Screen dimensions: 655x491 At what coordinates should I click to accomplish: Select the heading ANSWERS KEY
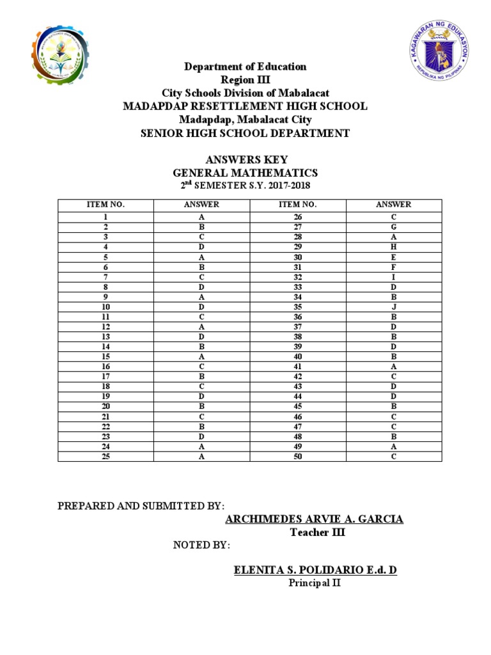245,160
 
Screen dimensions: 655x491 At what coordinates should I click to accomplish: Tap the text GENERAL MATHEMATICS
245,173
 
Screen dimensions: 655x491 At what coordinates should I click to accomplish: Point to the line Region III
245,79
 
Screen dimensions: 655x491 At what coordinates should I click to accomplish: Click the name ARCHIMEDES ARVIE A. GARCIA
315,519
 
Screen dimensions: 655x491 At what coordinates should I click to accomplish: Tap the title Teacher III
317,532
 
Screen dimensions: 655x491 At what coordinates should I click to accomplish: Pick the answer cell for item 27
394,226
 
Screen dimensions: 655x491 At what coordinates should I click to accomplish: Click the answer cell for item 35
394,307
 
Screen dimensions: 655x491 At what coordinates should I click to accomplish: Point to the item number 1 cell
105,217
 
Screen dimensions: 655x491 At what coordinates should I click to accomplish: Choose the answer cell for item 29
394,246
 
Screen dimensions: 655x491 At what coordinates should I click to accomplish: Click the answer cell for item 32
394,277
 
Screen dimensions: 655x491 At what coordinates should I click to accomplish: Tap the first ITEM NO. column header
105,205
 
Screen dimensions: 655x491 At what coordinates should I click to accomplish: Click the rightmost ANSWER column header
394,205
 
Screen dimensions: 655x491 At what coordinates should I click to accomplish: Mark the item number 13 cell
105,337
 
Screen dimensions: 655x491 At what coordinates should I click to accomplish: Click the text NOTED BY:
202,545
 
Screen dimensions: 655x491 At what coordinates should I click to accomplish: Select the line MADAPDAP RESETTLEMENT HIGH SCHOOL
245,106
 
